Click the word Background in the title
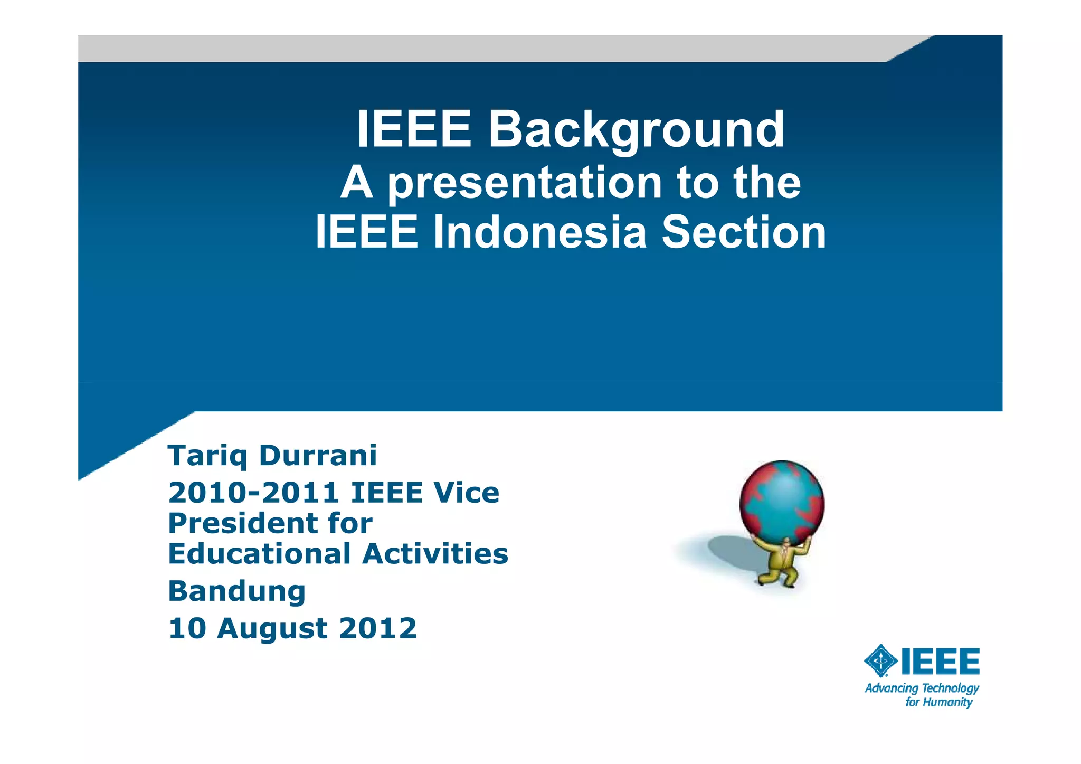636,130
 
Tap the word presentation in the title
525,183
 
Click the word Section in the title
744,232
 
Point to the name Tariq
207,456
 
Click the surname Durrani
318,455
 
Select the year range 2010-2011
253,493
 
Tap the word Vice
466,493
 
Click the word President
240,523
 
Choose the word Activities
435,554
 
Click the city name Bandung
237,591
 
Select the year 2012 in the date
378,628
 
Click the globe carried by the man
782,502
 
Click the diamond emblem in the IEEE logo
880,661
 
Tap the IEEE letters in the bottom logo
940,662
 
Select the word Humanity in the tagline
947,702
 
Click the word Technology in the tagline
950,688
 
